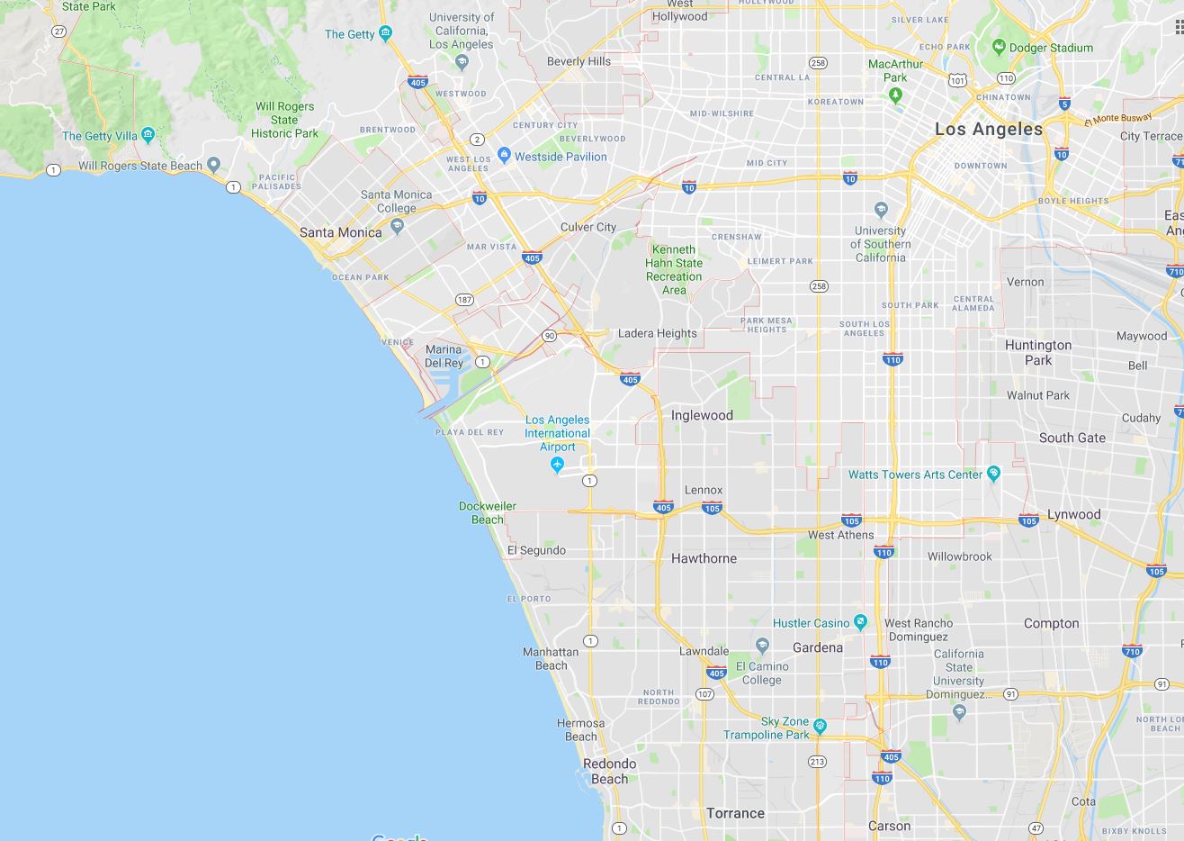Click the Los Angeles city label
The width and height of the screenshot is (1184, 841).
[x=988, y=129]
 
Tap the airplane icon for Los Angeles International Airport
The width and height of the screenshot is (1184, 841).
[x=557, y=465]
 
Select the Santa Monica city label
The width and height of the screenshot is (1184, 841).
[x=340, y=232]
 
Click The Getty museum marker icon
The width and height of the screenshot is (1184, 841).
[x=386, y=34]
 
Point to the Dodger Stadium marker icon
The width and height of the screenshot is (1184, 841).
[x=998, y=47]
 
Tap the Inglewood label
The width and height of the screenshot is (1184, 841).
[x=702, y=415]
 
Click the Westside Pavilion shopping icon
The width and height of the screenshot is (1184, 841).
[x=504, y=156]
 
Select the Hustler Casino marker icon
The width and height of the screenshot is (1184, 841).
[x=861, y=622]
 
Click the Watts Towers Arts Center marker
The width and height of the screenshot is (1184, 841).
[x=993, y=474]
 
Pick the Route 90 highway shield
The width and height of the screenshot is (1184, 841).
[x=549, y=336]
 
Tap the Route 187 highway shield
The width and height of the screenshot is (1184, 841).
[x=464, y=300]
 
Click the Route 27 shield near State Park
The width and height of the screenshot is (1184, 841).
[x=59, y=31]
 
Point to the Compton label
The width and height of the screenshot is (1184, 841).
[x=1051, y=623]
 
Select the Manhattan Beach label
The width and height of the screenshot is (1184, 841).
[x=551, y=658]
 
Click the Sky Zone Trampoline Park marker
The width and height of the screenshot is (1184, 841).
[x=820, y=725]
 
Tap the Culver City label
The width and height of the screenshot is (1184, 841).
[x=588, y=227]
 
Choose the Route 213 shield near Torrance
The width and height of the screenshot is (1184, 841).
[x=817, y=762]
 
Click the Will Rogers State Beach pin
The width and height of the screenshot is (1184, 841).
[x=213, y=165]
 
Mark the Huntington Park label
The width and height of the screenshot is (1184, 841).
[x=1037, y=352]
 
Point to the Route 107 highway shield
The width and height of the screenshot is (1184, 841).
[x=704, y=693]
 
